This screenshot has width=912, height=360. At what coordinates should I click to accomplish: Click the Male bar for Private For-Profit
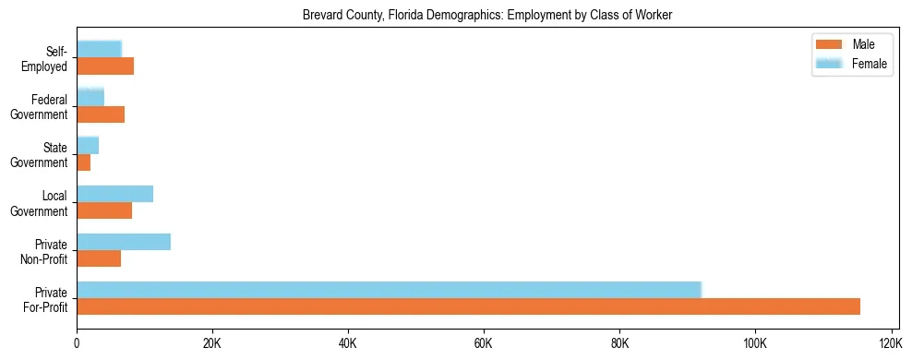click(468, 306)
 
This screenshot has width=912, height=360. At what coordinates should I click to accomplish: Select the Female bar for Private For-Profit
click(389, 289)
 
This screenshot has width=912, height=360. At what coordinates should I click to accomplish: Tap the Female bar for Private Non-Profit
click(124, 242)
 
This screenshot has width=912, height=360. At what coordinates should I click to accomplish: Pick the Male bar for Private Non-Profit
click(99, 258)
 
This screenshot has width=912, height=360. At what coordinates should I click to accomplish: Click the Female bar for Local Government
click(114, 194)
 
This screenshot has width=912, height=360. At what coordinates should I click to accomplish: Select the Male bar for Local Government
click(104, 210)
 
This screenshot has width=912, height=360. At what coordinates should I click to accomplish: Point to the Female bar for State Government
click(88, 145)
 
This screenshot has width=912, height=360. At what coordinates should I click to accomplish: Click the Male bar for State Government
click(83, 162)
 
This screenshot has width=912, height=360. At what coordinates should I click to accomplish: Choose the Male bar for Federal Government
click(101, 114)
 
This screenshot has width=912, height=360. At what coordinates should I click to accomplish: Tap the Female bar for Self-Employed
click(99, 49)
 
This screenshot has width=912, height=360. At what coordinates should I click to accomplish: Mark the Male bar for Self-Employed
click(105, 66)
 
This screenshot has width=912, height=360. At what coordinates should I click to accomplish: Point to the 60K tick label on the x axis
click(484, 343)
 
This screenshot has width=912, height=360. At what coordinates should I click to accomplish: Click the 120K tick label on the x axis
click(891, 343)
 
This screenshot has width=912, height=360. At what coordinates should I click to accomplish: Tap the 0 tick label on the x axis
click(77, 343)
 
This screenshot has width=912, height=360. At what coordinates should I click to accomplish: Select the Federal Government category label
click(40, 107)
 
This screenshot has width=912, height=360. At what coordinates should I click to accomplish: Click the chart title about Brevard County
click(486, 15)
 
